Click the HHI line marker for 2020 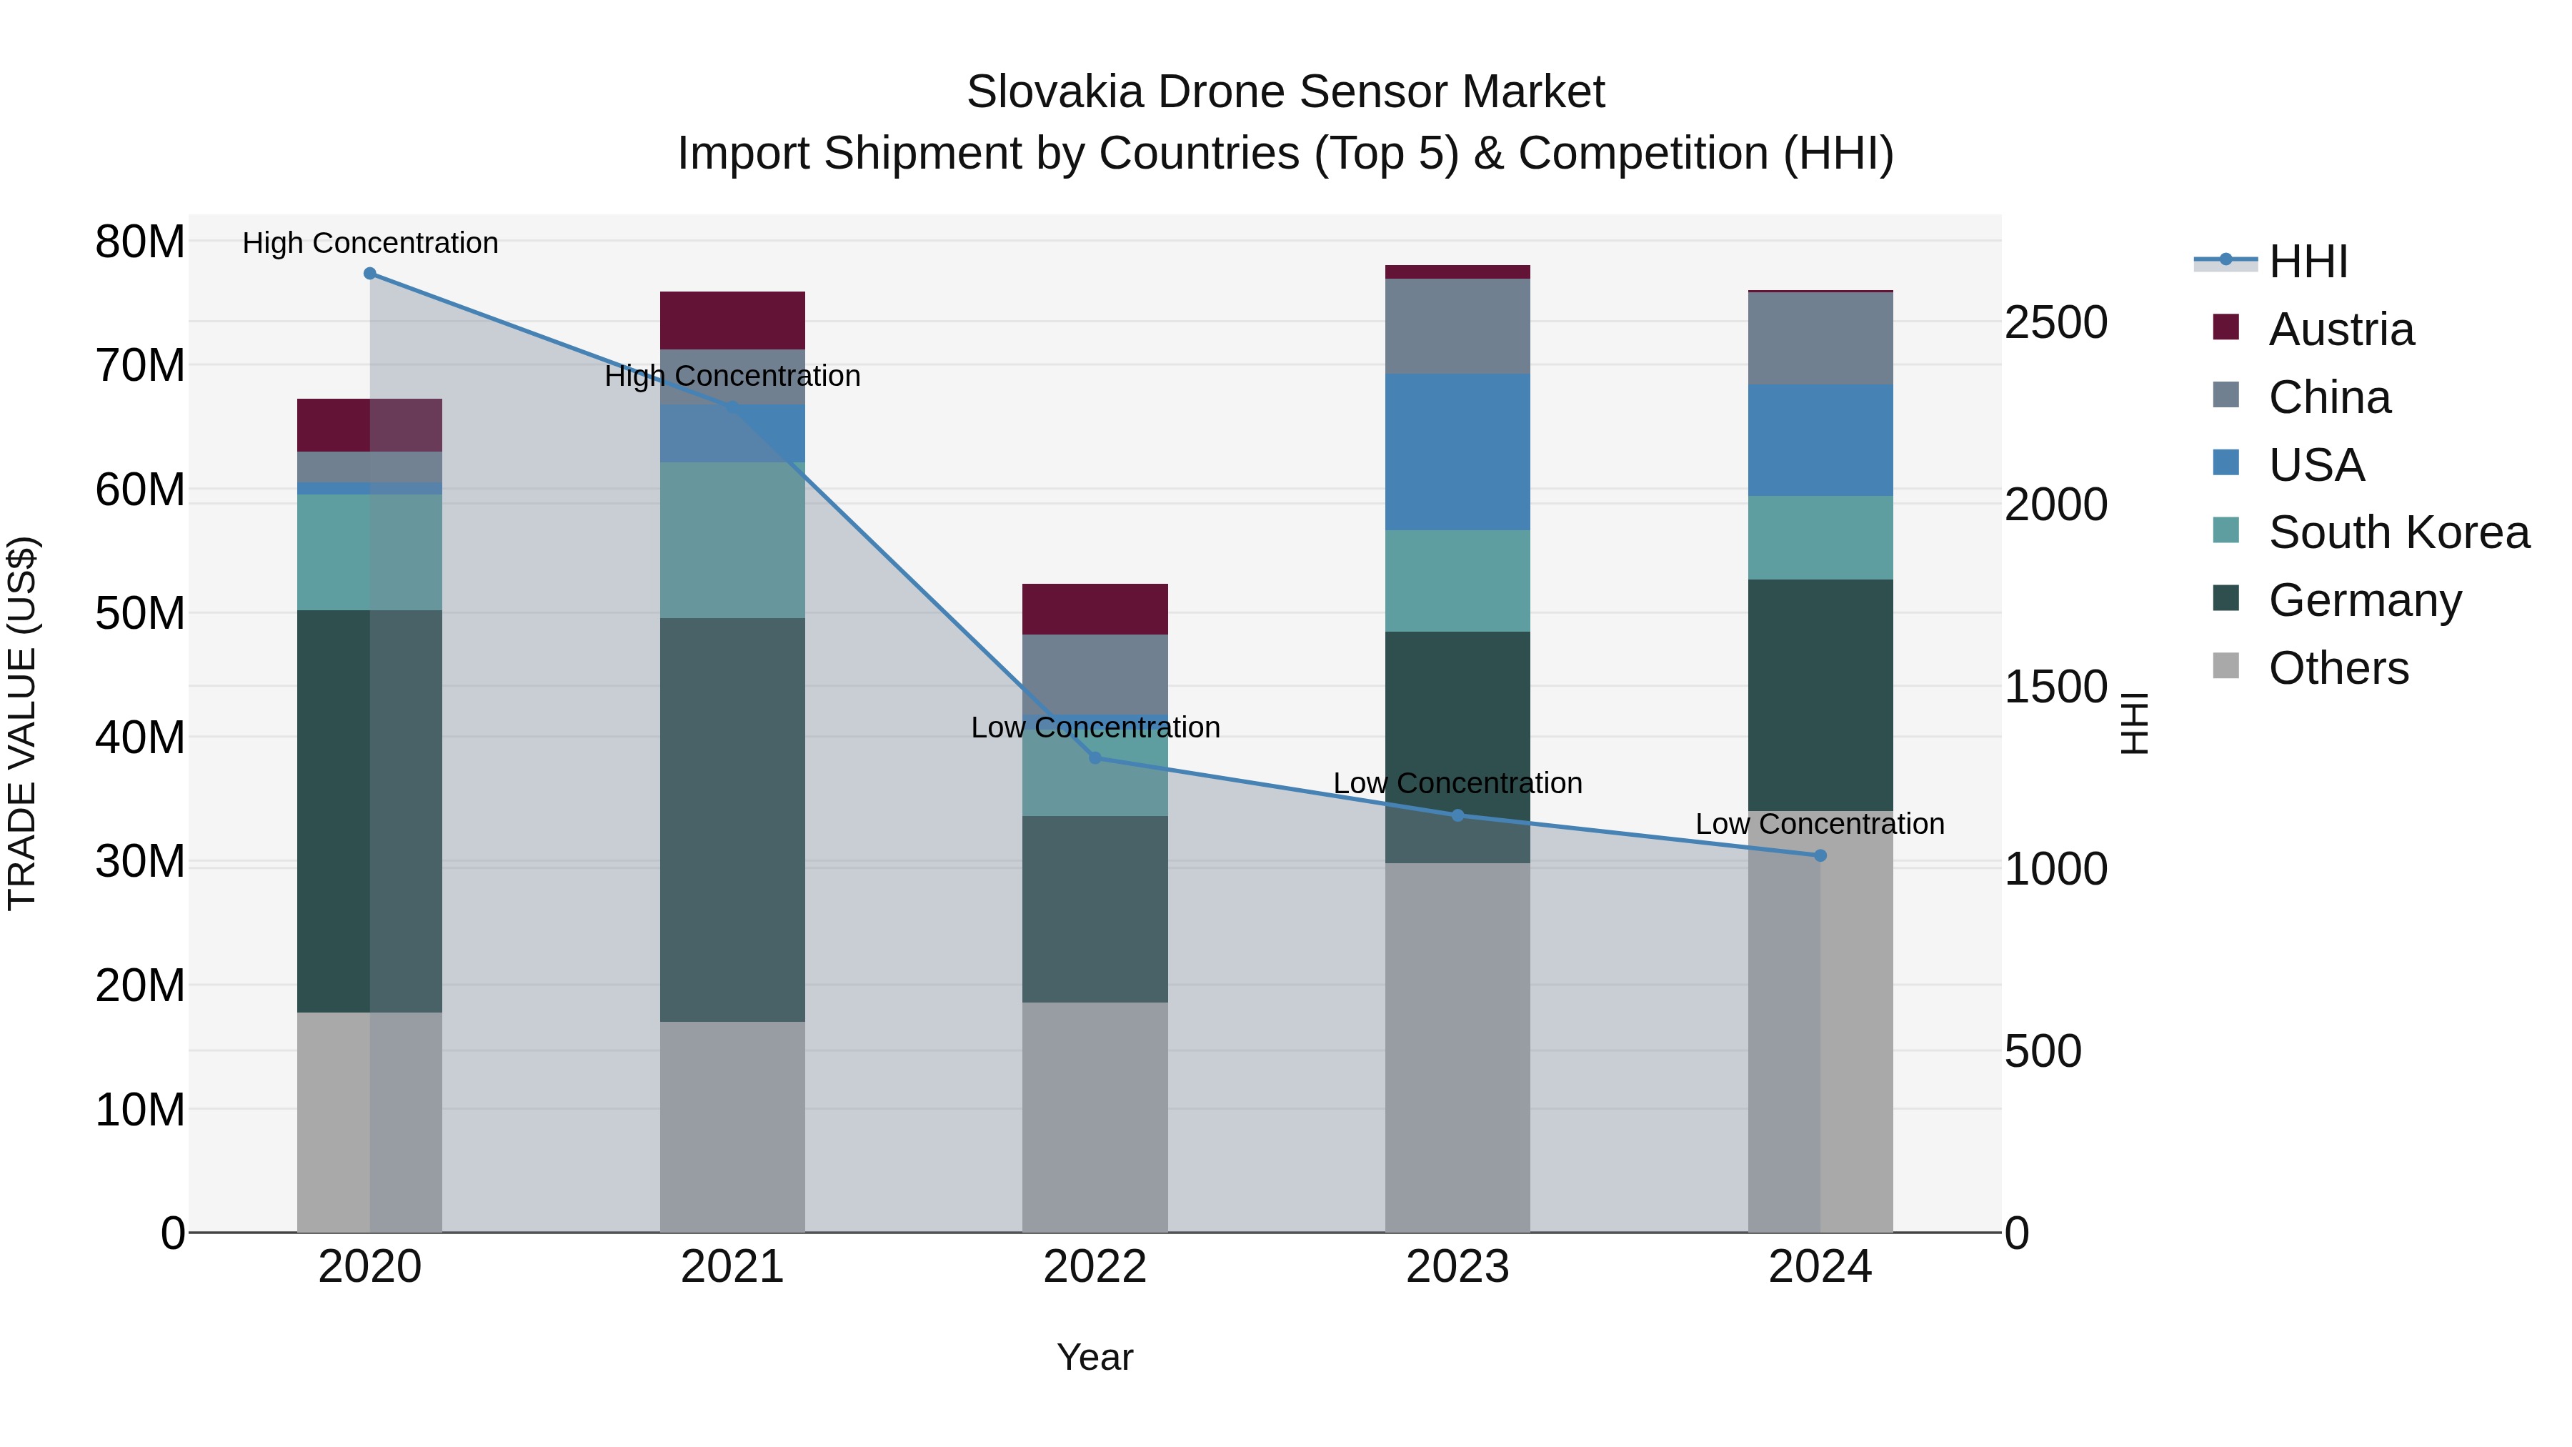click(369, 274)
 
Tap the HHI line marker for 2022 click(1095, 758)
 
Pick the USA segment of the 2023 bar click(1457, 452)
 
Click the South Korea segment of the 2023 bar click(1457, 581)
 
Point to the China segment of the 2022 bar click(1095, 674)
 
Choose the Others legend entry click(2338, 668)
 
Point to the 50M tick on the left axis click(140, 613)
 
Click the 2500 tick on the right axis click(2055, 322)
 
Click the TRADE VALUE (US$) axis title click(22, 723)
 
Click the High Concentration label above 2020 click(369, 243)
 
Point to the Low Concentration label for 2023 click(1457, 783)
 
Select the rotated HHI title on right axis click(2133, 723)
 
